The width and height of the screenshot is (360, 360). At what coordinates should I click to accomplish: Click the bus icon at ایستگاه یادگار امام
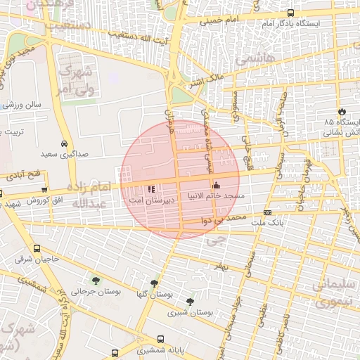tap(291, 13)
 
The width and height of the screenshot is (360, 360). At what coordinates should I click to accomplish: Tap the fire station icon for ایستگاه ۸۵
tap(342, 111)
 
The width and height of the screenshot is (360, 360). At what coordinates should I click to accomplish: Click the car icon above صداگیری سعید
tap(64, 142)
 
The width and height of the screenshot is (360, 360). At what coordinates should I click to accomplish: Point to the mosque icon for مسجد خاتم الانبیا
tap(216, 186)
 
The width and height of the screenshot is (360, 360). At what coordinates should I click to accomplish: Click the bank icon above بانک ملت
tap(267, 212)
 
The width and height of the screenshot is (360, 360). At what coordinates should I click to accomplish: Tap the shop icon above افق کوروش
tap(45, 190)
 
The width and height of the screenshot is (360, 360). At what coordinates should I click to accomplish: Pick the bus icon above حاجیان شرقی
tap(37, 248)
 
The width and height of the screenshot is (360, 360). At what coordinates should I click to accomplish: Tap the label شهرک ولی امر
tap(76, 79)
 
